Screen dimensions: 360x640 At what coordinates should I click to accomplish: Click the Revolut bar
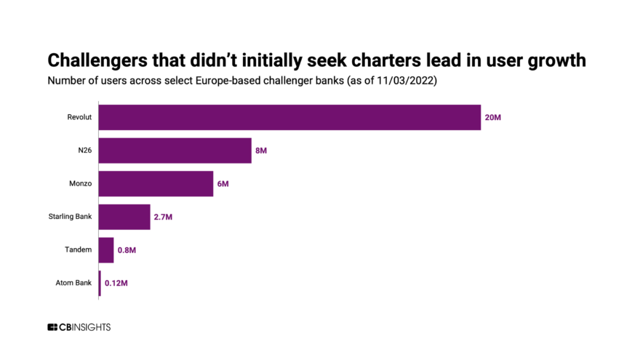[289, 117]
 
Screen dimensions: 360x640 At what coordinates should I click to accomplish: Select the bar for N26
[175, 151]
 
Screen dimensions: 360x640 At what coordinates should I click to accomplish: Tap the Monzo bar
[156, 184]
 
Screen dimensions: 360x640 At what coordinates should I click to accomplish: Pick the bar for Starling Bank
[124, 217]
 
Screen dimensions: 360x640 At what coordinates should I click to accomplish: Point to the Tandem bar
[106, 250]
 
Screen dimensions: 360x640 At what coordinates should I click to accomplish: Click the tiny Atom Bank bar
[100, 283]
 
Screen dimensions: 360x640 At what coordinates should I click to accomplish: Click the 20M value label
[493, 117]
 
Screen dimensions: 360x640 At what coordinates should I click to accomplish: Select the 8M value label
[262, 151]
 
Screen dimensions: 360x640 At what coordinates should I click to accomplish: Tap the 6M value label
[223, 184]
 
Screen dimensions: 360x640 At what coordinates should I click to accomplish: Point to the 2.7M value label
[163, 217]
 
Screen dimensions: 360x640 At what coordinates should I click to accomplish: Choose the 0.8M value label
[127, 250]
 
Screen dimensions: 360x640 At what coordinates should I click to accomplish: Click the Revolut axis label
[79, 117]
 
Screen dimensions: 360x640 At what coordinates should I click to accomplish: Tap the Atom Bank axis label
[74, 283]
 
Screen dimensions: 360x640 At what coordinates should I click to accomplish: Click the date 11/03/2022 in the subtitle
[404, 81]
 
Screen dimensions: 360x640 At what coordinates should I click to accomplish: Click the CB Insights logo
[79, 327]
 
